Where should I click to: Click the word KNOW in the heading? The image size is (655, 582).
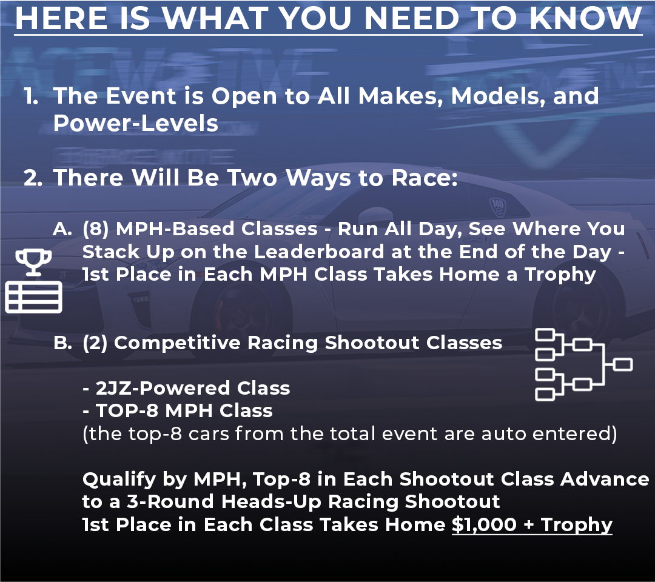585,18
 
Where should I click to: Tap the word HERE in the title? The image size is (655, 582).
61,18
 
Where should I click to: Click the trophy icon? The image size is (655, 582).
33,262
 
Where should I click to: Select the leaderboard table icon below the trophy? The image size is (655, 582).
33,297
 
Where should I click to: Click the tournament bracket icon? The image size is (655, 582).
583,364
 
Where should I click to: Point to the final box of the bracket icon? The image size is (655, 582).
623,364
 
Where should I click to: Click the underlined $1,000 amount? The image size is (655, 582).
484,524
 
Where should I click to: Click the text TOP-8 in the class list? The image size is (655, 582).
127,411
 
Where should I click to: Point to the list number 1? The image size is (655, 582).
31,96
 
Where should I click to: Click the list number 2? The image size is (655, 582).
33,178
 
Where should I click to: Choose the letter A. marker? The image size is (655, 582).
62,229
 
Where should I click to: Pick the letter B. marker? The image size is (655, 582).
62,343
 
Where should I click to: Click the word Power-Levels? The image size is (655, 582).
136,123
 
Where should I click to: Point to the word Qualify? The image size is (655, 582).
119,480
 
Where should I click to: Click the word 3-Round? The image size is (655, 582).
171,502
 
